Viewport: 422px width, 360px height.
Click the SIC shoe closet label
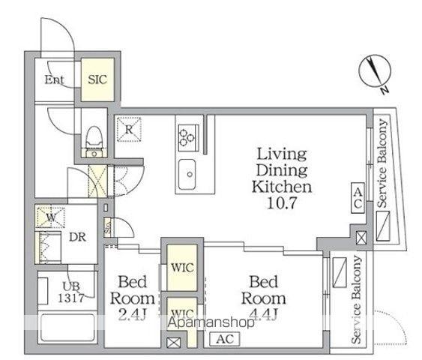[x=97, y=79]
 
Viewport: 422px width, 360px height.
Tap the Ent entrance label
[x=54, y=79]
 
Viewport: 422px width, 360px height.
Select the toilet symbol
[x=94, y=141]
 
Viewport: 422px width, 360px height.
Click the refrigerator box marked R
[x=129, y=129]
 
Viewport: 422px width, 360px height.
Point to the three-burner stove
[x=189, y=137]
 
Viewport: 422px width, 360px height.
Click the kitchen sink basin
[x=187, y=174]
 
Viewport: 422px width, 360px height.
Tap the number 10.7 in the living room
[x=282, y=202]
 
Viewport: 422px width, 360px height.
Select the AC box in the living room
[x=358, y=198]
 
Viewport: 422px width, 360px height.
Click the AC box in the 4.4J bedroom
[x=225, y=339]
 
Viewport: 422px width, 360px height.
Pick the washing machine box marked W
[x=51, y=217]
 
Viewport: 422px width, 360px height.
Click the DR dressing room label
[x=77, y=237]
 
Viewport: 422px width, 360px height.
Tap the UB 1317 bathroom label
[x=71, y=292]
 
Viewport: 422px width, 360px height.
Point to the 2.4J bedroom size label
[x=132, y=315]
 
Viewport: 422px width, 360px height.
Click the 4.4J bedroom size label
[x=263, y=314]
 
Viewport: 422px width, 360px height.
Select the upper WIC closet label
[x=182, y=268]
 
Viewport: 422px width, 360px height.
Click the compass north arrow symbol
[x=375, y=71]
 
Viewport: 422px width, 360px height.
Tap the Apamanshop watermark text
[x=211, y=322]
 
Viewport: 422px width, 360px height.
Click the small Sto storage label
[x=108, y=227]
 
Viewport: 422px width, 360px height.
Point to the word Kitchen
[x=282, y=187]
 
